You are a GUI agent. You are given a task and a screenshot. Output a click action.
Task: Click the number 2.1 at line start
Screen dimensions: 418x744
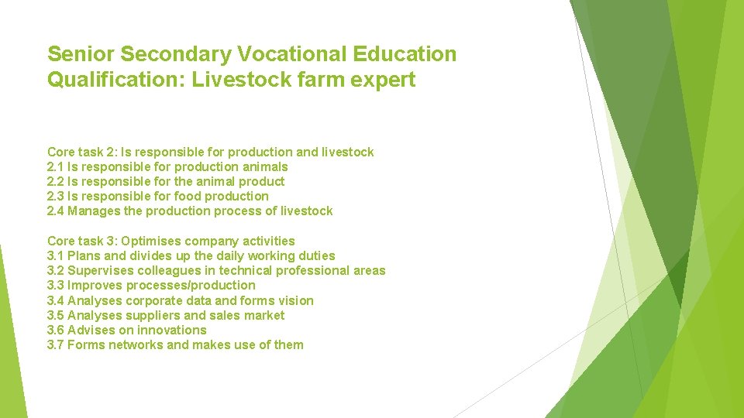coord(56,166)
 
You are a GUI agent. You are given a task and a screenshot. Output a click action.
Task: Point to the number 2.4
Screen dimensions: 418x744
coord(56,211)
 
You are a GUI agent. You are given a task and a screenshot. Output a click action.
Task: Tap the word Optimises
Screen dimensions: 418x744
coord(152,241)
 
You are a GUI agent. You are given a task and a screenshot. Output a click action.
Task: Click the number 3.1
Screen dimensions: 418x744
coord(56,255)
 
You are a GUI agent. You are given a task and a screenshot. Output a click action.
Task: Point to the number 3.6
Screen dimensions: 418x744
coord(56,330)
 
